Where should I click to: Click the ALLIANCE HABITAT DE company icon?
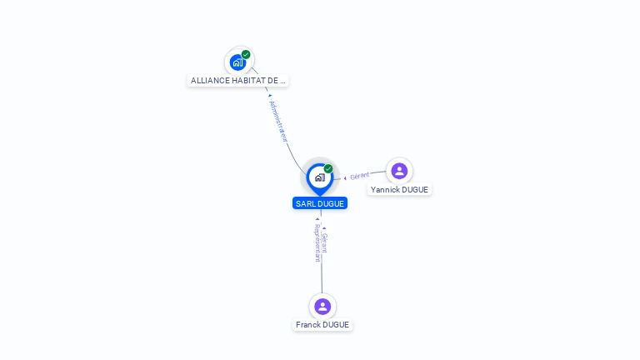[x=238, y=62]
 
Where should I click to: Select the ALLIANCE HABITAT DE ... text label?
[x=238, y=81]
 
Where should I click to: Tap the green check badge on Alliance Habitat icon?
[x=246, y=54]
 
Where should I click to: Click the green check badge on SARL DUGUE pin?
[x=328, y=168]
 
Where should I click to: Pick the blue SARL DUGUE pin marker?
[x=319, y=177]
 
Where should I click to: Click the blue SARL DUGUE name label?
[x=320, y=203]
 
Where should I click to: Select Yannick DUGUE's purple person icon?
[x=399, y=171]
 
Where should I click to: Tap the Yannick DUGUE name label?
[x=399, y=190]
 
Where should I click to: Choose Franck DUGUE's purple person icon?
[x=322, y=307]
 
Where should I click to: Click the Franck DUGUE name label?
[x=322, y=325]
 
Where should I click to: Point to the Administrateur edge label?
[x=278, y=122]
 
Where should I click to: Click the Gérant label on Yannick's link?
[x=359, y=176]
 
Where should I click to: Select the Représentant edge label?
[x=317, y=242]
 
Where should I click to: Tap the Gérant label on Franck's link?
[x=325, y=242]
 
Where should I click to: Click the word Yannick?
[x=386, y=190]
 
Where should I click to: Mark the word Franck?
[x=308, y=325]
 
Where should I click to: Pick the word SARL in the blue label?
[x=304, y=203]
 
